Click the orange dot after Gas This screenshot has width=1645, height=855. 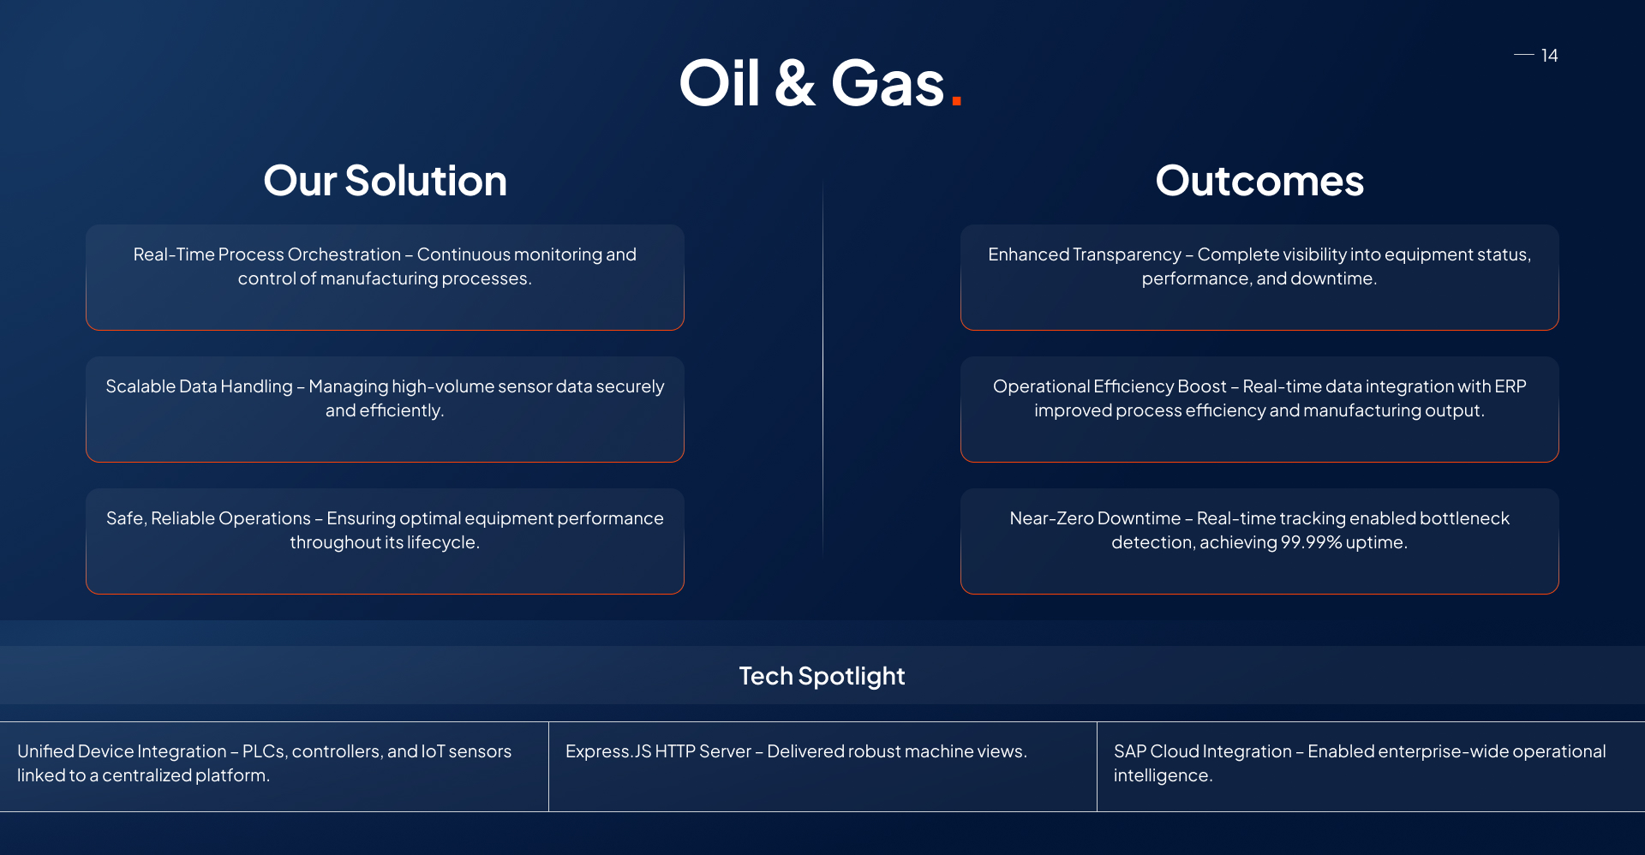(956, 101)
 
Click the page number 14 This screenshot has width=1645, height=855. (1549, 56)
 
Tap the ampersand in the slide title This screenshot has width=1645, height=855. (794, 84)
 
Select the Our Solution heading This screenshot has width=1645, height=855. (385, 181)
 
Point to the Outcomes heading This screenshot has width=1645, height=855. (1259, 181)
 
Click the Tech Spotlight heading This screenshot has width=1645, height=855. (822, 676)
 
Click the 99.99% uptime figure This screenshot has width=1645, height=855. (1311, 542)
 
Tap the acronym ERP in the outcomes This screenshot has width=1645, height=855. (1510, 386)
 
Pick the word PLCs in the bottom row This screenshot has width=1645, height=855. (264, 751)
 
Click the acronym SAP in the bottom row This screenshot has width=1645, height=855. (1129, 751)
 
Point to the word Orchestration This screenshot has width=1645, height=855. (344, 254)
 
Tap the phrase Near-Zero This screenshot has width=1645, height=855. (1051, 518)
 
